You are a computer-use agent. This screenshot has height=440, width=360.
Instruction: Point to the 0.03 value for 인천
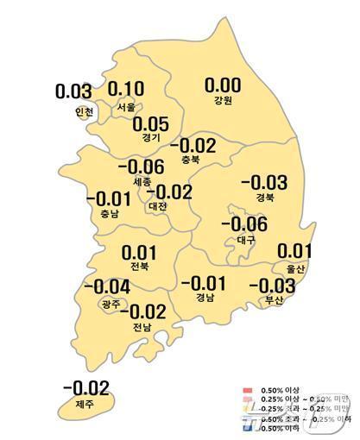73,91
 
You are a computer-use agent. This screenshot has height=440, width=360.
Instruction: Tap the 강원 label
222,101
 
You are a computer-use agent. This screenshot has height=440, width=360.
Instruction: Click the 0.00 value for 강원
222,85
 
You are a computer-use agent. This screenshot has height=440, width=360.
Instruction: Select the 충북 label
192,160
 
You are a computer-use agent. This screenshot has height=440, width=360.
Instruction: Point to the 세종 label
144,182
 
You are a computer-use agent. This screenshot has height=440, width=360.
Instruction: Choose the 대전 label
157,206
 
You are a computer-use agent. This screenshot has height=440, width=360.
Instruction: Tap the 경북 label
265,198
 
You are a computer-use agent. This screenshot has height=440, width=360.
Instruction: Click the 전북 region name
138,267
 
